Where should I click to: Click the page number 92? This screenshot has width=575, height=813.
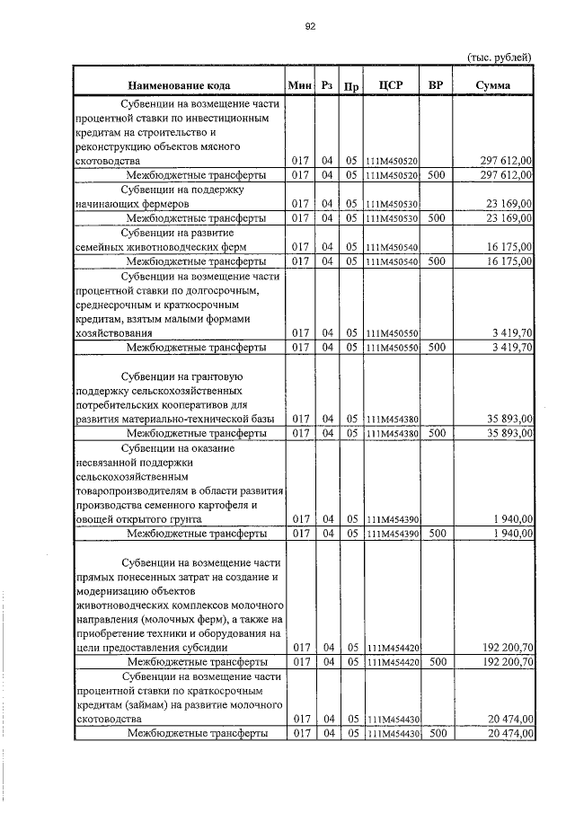(309, 26)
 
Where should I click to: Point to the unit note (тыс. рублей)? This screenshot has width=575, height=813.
(500, 57)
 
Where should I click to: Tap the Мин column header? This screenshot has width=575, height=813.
(300, 85)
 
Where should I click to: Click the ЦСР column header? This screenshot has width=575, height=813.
(394, 85)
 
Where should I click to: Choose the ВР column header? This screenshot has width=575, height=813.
(436, 85)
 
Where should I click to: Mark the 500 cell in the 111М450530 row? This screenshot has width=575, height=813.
(437, 217)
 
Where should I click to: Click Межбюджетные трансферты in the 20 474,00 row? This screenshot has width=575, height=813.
(196, 733)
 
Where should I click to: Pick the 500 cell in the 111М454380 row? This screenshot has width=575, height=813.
(437, 433)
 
